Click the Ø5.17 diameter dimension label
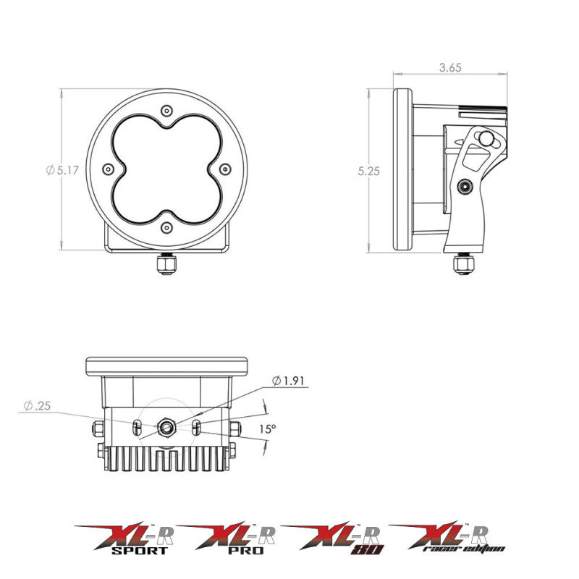pyautogui.click(x=61, y=170)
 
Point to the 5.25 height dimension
pyautogui.click(x=368, y=172)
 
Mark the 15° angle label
pyautogui.click(x=268, y=429)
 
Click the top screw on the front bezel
pyautogui.click(x=167, y=111)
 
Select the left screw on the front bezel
pyautogui.click(x=109, y=169)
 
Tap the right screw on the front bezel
pyautogui.click(x=224, y=169)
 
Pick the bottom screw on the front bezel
pyautogui.click(x=167, y=227)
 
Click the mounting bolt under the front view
pyautogui.click(x=166, y=266)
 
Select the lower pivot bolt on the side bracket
pyautogui.click(x=463, y=188)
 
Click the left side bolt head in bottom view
pyautogui.click(x=98, y=428)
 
